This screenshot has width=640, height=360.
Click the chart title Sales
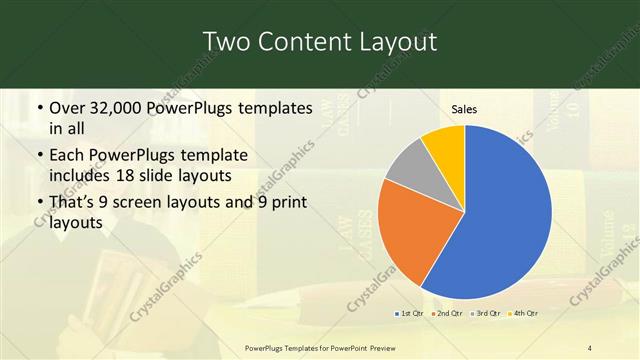pos(464,108)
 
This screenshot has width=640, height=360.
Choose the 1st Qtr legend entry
pos(411,313)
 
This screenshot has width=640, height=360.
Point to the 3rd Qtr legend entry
pos(487,313)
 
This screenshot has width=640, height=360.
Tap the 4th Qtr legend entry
pos(524,313)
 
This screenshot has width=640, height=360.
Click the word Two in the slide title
pos(226,41)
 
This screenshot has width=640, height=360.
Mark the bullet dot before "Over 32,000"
pos(38,108)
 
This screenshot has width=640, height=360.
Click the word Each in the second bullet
pos(68,156)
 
